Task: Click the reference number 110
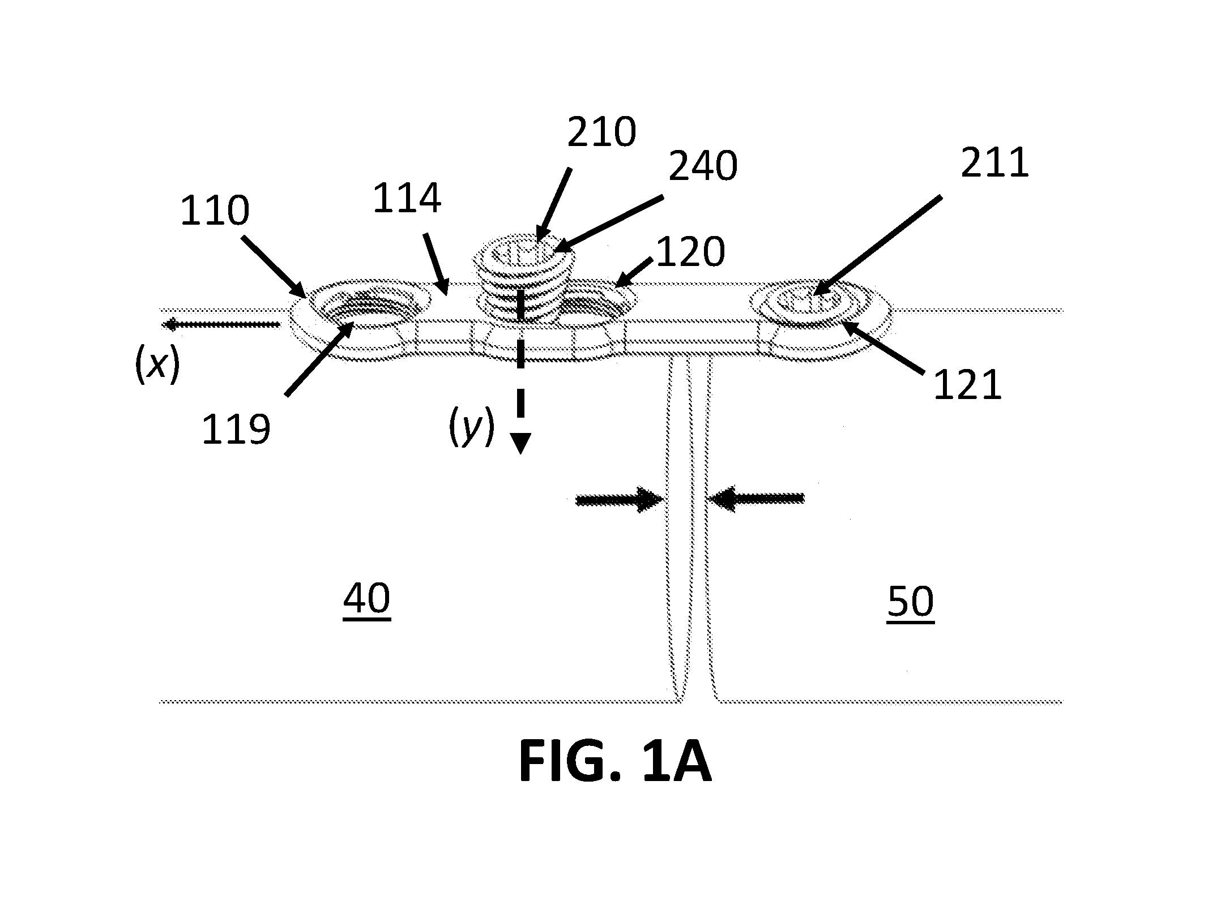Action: coord(215,211)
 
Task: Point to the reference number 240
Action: coord(703,166)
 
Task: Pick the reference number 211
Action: coord(994,163)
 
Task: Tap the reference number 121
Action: coord(967,386)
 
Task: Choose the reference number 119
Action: coord(236,430)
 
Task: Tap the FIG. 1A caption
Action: coord(614,763)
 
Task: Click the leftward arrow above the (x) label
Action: coord(221,324)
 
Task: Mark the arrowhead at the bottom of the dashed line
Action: coord(520,443)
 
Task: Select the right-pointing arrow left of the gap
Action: coord(620,499)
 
